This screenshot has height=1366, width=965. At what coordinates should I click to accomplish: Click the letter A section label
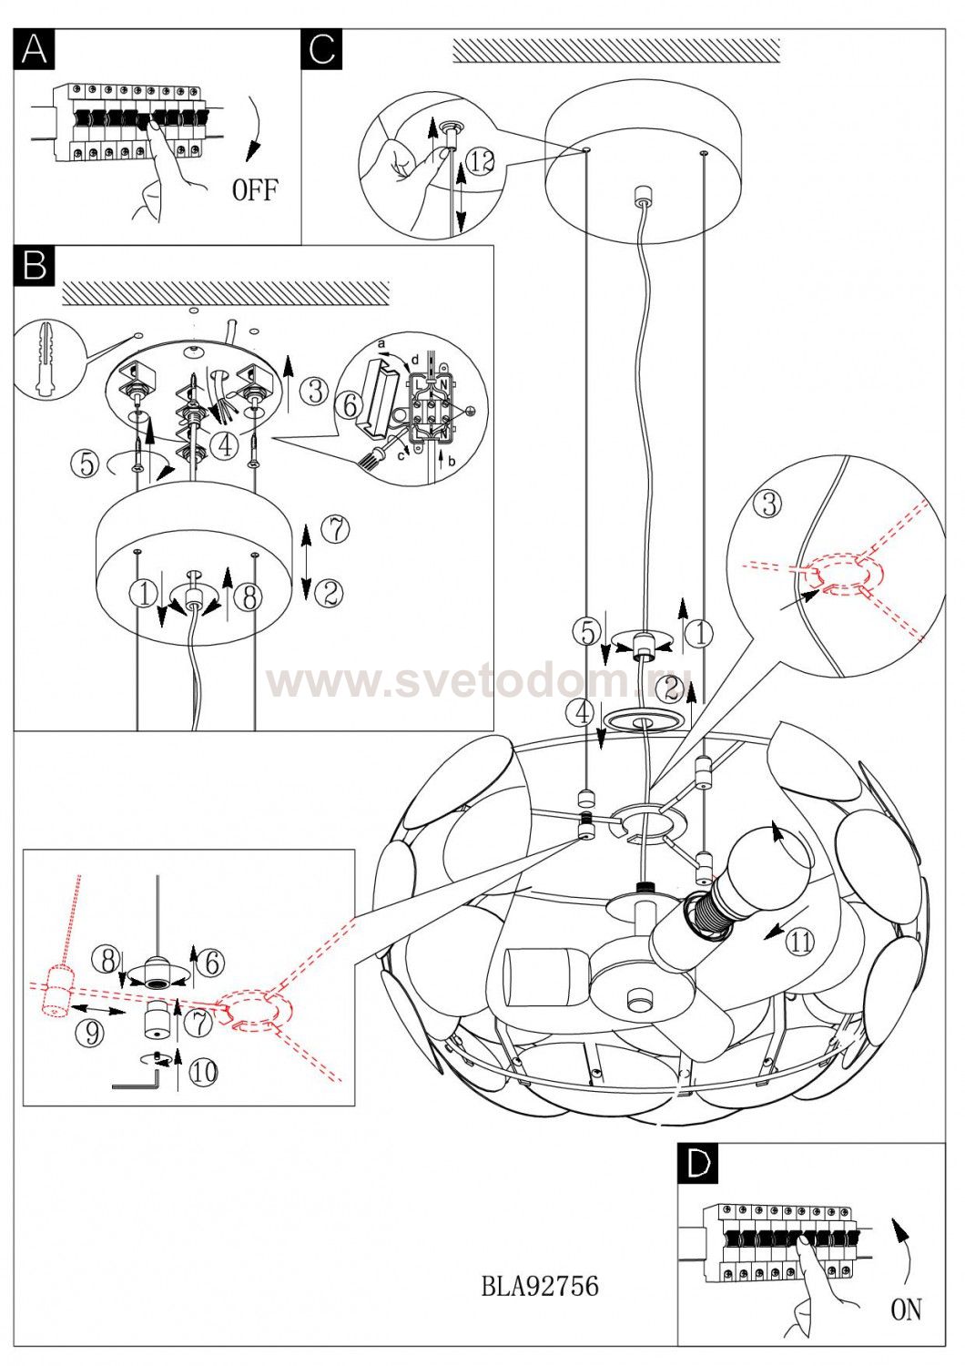35,49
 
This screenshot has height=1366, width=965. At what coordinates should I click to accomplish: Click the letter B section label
35,265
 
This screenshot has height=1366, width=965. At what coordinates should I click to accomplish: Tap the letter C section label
321,49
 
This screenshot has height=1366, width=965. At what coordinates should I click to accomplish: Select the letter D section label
698,1163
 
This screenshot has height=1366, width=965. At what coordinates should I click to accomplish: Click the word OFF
255,190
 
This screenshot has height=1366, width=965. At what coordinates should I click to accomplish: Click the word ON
906,1310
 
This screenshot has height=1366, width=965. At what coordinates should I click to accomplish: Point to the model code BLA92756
539,1286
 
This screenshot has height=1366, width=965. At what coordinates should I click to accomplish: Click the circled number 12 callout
481,162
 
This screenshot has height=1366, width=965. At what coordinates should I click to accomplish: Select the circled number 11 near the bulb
799,943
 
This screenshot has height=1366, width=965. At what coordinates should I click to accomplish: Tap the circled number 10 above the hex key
202,1072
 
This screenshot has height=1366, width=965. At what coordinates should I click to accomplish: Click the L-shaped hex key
136,1081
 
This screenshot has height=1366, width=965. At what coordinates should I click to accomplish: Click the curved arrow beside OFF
254,127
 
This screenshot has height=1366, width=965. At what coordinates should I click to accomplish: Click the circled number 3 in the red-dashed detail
770,504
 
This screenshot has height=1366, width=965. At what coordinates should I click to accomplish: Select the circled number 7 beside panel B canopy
336,528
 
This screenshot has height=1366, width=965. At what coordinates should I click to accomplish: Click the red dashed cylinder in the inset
60,992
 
